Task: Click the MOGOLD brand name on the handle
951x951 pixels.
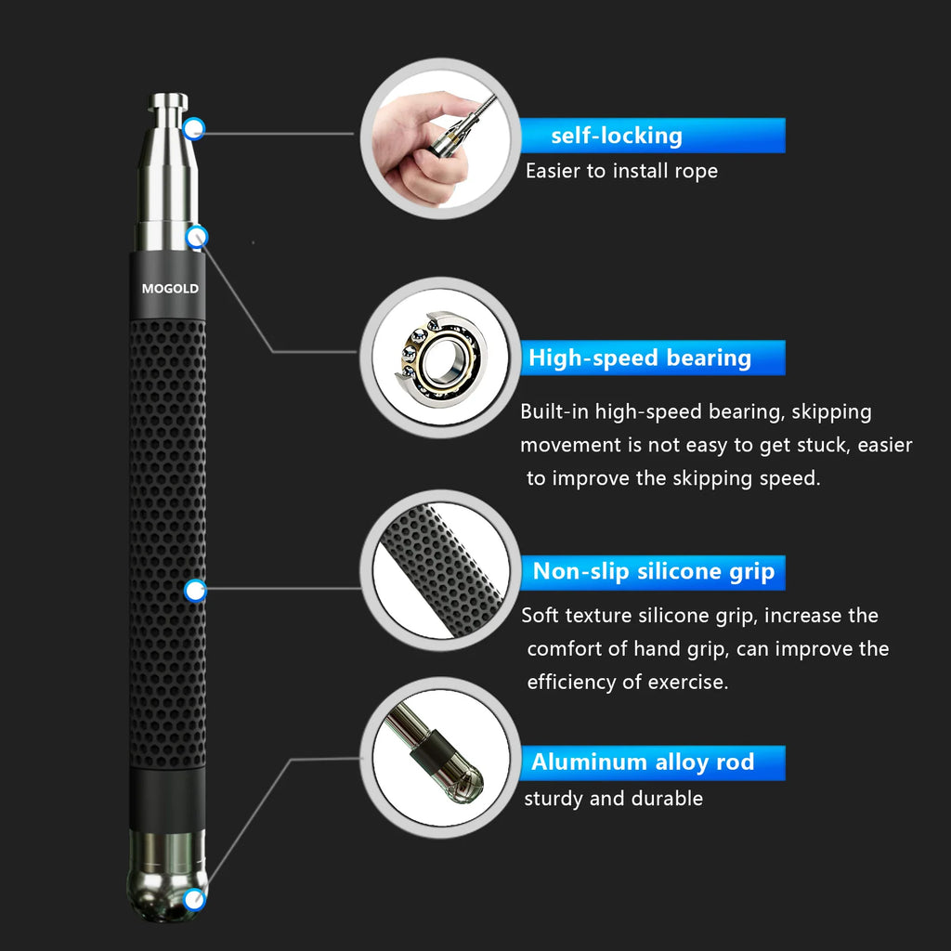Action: [170, 289]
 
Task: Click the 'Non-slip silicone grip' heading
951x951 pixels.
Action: [653, 572]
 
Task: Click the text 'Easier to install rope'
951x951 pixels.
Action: [621, 171]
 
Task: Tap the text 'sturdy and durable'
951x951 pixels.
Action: [613, 799]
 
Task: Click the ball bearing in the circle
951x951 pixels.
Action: [436, 358]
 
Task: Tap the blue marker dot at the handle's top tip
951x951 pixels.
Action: [194, 128]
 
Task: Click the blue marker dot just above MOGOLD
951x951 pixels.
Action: [196, 238]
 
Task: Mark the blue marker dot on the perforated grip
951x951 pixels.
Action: [195, 589]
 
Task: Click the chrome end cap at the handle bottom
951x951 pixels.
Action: [167, 878]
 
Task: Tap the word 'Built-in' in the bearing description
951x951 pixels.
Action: [554, 411]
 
